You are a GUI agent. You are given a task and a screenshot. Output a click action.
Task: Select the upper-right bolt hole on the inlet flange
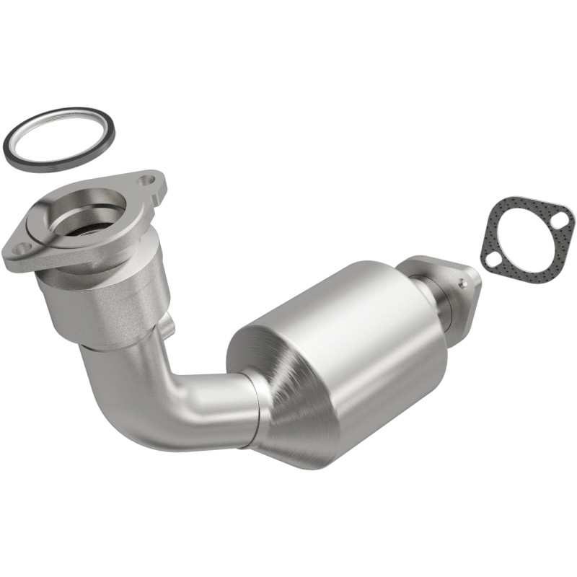pyautogui.click(x=149, y=178)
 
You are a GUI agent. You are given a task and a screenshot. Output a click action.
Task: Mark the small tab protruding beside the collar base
pyautogui.click(x=168, y=325)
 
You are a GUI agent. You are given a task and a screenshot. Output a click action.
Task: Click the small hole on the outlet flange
pyautogui.click(x=462, y=283)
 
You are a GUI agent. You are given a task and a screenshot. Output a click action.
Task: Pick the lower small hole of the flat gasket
pyautogui.click(x=493, y=259)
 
